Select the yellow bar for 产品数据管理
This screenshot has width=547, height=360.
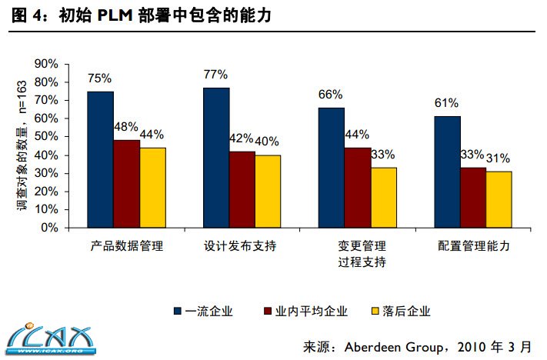(x=152, y=188)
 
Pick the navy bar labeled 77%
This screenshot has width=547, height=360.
(x=216, y=158)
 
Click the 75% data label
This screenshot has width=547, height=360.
(x=100, y=78)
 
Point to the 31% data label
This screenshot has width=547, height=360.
(x=499, y=158)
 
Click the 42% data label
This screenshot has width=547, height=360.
(x=241, y=138)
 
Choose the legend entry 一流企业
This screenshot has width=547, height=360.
(x=203, y=312)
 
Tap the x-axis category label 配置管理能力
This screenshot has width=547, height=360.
(x=473, y=247)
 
